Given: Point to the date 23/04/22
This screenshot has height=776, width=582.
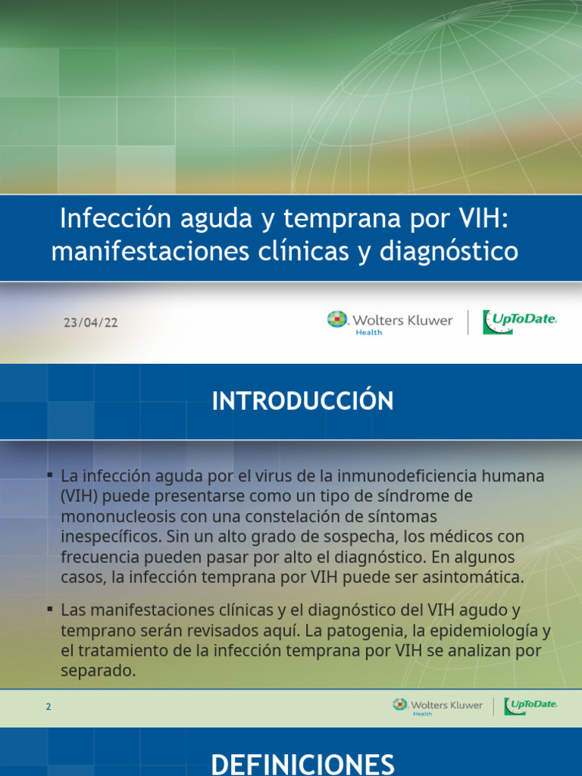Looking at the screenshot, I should tap(90, 323).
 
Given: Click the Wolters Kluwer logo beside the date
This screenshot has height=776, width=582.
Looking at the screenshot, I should tap(390, 321).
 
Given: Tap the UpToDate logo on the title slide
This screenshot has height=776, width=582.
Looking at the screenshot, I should tap(520, 321).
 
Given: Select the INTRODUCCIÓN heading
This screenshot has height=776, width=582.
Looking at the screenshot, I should tap(302, 401).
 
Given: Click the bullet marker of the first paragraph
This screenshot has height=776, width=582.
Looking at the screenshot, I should tap(49, 475).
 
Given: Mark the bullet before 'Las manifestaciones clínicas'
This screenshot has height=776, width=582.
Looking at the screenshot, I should tap(49, 609).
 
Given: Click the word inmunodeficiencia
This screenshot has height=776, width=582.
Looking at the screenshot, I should tap(414, 477).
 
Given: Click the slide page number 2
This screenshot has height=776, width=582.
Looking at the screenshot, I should tap(48, 707).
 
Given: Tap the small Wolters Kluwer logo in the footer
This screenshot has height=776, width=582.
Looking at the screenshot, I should tap(437, 706).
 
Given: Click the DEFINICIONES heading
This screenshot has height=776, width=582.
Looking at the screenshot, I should tap(302, 763).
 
